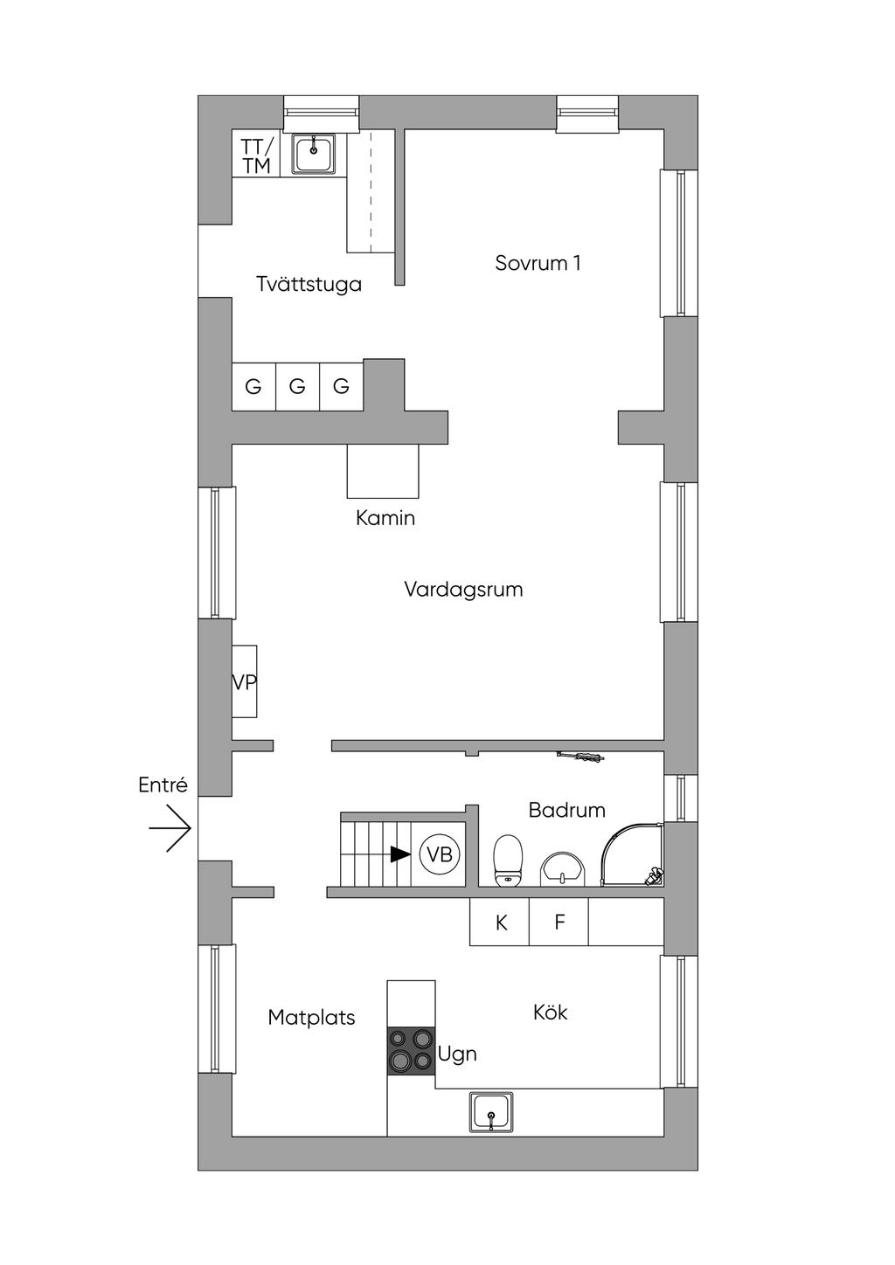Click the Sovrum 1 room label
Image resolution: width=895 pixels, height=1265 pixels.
point(538,263)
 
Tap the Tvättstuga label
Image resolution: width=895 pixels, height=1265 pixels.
point(309,284)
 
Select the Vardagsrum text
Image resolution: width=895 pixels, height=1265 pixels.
point(463,590)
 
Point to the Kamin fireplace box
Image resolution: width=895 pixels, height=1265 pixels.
point(383,471)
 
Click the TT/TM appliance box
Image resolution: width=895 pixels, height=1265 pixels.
point(256,155)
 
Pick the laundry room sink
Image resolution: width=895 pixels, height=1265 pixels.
point(313,154)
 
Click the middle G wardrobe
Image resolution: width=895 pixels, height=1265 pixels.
point(297,386)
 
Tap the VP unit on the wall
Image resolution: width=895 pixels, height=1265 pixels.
point(245,681)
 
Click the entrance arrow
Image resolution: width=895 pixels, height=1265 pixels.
point(170,828)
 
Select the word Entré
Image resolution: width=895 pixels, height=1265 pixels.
point(163,785)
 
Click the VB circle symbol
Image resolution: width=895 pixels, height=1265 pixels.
point(440,854)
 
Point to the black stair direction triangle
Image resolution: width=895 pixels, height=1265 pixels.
point(400,854)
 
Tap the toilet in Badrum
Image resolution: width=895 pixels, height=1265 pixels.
point(508,860)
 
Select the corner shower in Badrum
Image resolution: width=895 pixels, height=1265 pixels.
point(631,855)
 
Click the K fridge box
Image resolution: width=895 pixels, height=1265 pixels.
point(500,922)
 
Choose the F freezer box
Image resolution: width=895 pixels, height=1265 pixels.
point(559,922)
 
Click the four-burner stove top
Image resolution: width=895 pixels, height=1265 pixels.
point(411,1049)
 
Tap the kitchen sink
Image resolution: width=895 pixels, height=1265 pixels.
point(491,1112)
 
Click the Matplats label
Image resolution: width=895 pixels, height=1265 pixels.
point(311,1018)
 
